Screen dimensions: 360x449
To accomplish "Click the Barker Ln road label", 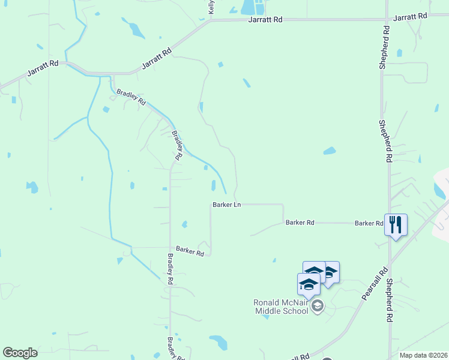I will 226,205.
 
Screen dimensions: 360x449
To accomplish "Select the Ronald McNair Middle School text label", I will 282,307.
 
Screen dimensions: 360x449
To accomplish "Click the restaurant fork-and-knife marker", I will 396,226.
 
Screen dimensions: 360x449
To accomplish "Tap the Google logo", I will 20,353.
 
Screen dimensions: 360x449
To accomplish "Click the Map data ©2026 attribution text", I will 423,355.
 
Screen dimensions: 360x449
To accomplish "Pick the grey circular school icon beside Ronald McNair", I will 318,307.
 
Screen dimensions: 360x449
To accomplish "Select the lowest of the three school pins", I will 309,284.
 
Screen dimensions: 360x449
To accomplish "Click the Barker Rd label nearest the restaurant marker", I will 369,223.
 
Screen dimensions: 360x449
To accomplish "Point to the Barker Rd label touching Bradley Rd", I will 190,251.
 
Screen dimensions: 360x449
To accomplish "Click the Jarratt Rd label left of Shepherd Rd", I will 265,20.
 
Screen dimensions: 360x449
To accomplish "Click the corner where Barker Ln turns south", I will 283,205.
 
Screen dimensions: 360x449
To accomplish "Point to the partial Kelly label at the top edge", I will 211,7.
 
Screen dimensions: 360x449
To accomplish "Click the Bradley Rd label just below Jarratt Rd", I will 131,97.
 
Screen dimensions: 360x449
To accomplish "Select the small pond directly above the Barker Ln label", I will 213,184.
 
